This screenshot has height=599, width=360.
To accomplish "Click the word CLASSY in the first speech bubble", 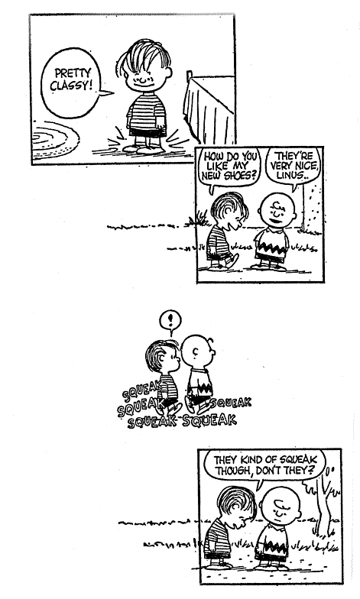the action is [71, 84].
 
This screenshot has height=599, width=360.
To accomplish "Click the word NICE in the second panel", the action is [308, 166].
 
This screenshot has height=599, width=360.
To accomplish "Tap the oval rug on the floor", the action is [55, 139].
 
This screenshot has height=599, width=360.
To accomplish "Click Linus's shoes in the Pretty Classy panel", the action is [145, 148].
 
